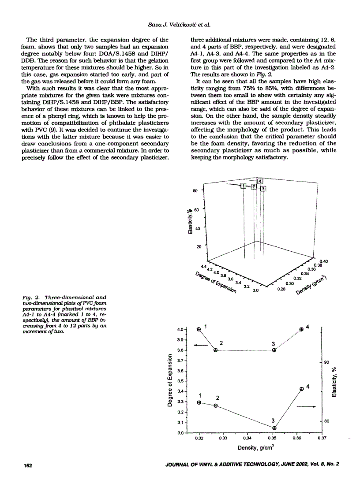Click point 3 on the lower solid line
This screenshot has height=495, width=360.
pos(274,428)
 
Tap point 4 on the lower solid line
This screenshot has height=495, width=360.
pos(302,389)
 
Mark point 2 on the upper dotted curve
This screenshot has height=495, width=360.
pos(216,350)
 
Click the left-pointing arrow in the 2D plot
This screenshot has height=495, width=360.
pos(201,345)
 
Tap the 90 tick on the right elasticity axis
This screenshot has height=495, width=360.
pos(327,362)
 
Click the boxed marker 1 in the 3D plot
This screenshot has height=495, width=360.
pos(243,186)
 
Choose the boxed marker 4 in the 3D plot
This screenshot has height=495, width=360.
pos(260,181)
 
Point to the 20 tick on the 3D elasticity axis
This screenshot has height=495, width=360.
pos(199,247)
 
